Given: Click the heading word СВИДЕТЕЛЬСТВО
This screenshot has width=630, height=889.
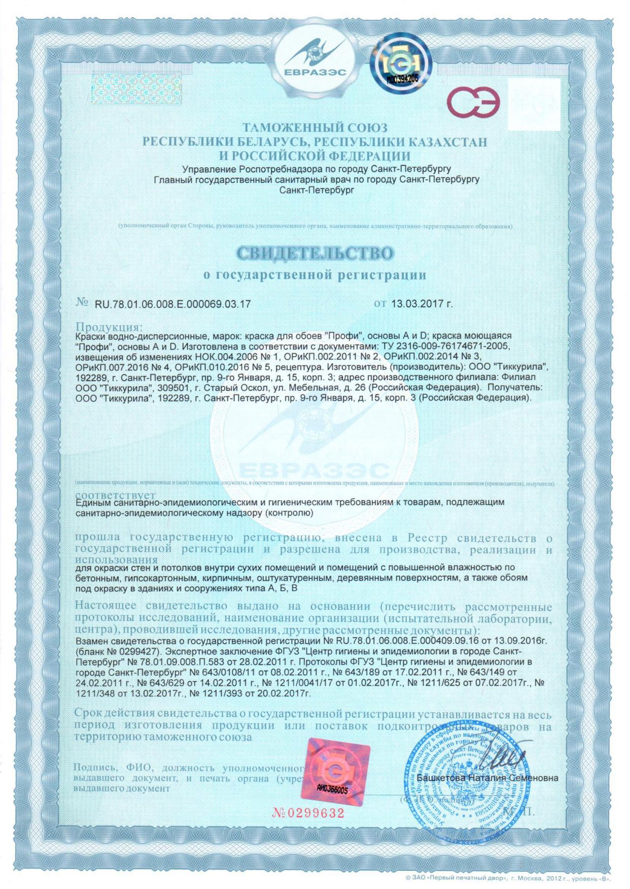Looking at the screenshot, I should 315,253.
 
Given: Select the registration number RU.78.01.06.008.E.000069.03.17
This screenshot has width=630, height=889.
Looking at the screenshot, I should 172,304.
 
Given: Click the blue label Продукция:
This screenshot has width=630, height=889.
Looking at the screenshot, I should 109,326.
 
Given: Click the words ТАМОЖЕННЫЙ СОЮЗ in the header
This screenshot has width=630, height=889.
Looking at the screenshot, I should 314,127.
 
